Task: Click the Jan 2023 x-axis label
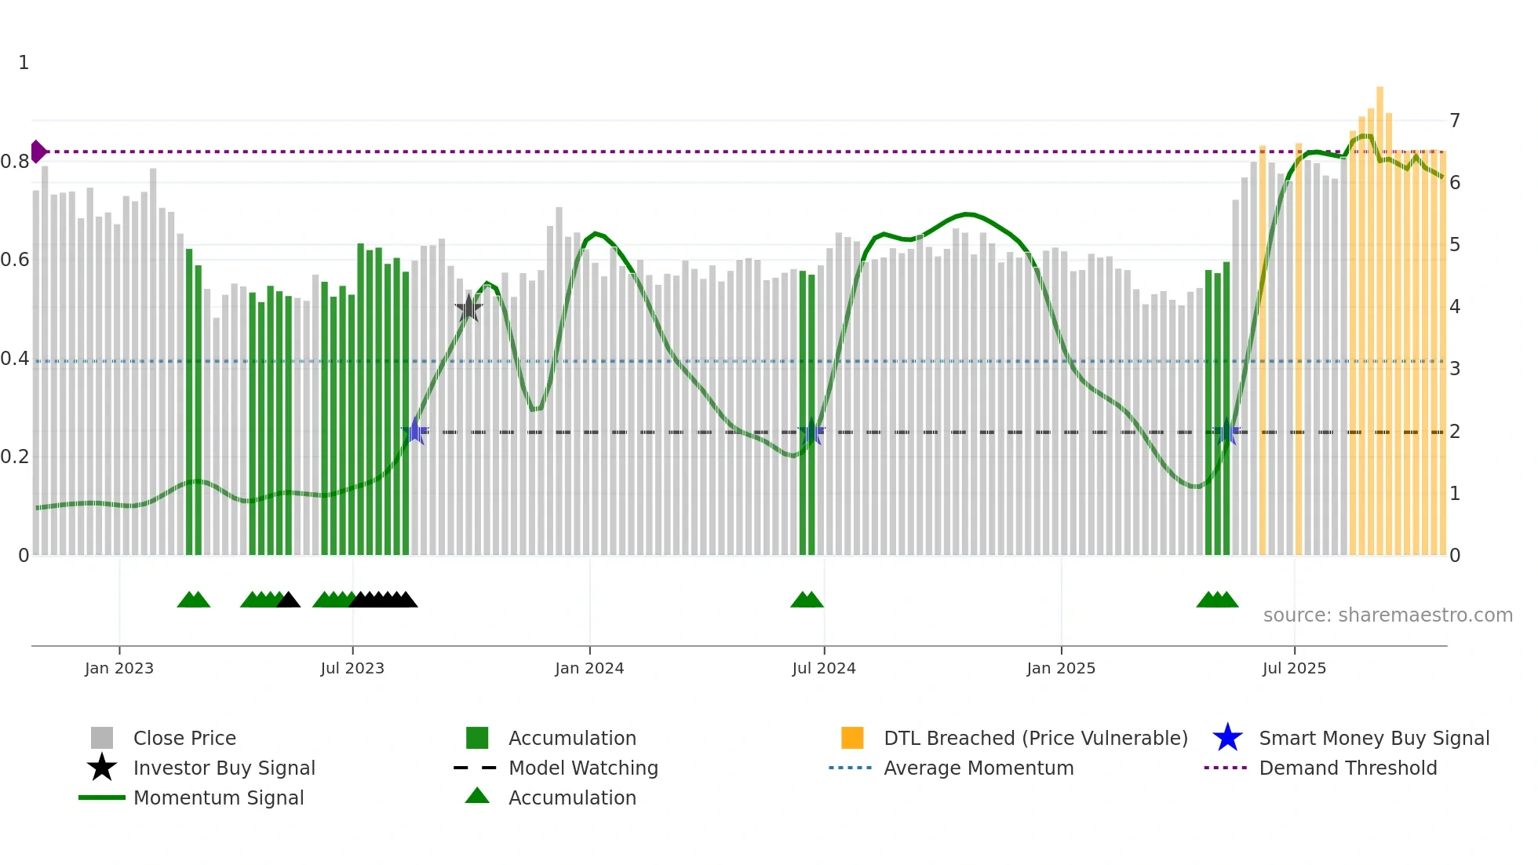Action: pyautogui.click(x=119, y=669)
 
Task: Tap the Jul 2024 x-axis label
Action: pyautogui.click(x=824, y=669)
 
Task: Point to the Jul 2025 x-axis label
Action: pyautogui.click(x=1294, y=669)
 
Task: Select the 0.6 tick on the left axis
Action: pyautogui.click(x=15, y=260)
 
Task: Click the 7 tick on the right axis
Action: pyautogui.click(x=1455, y=121)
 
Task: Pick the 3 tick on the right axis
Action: pyautogui.click(x=1455, y=369)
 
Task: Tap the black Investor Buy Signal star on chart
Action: pyautogui.click(x=468, y=309)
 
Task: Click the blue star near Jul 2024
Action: pyautogui.click(x=811, y=432)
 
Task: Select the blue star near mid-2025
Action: pyautogui.click(x=1226, y=432)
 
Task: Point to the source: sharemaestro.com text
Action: pyautogui.click(x=1387, y=615)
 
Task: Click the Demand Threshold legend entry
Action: pyautogui.click(x=1347, y=768)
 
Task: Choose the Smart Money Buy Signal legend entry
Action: pyautogui.click(x=1373, y=739)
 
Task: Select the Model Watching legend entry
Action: pyautogui.click(x=582, y=768)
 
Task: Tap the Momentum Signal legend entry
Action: pyautogui.click(x=218, y=798)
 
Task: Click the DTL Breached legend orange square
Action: pyautogui.click(x=852, y=739)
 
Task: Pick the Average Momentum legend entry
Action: pyautogui.click(x=978, y=768)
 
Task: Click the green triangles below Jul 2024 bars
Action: pyautogui.click(x=807, y=600)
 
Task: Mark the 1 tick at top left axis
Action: pyautogui.click(x=24, y=63)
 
